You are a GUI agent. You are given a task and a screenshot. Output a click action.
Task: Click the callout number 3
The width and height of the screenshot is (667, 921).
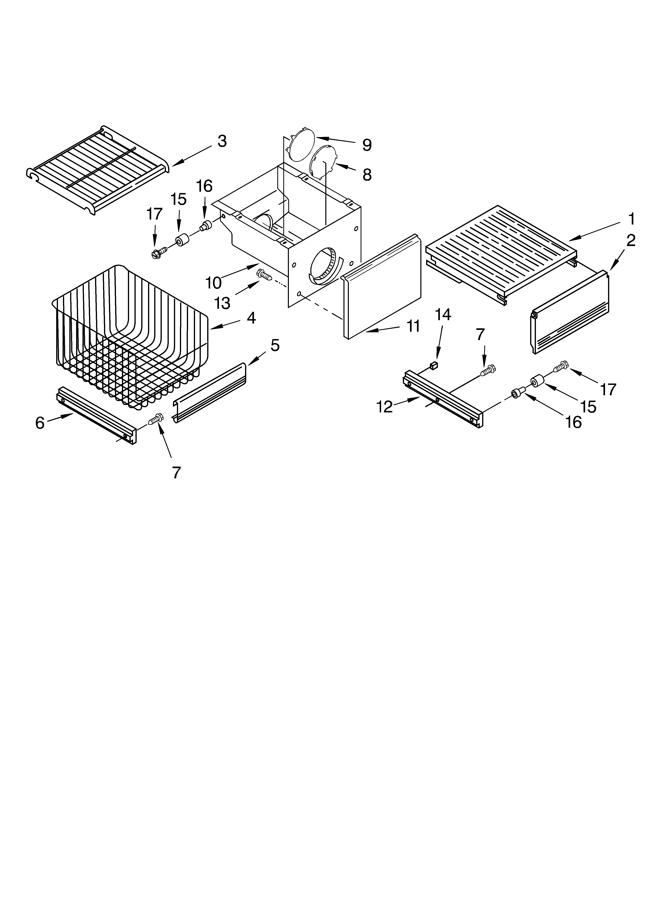click(222, 141)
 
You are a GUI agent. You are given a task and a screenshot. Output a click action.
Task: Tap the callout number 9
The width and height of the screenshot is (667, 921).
click(367, 145)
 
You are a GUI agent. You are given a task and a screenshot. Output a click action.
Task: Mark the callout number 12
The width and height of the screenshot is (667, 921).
click(384, 406)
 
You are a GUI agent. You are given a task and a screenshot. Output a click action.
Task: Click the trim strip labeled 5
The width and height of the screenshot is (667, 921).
click(210, 392)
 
